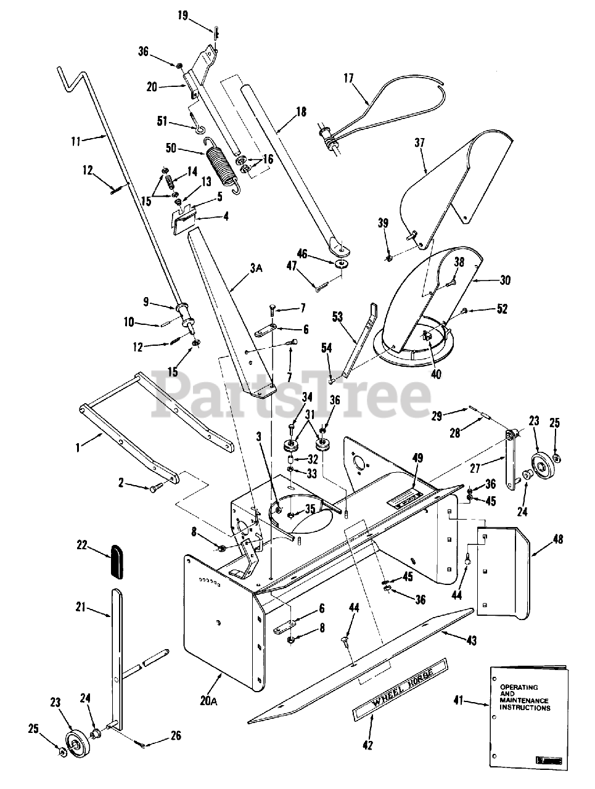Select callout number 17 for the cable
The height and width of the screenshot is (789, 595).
[348, 78]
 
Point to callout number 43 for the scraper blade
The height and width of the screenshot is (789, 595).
[472, 641]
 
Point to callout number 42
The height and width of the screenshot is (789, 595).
[368, 745]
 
